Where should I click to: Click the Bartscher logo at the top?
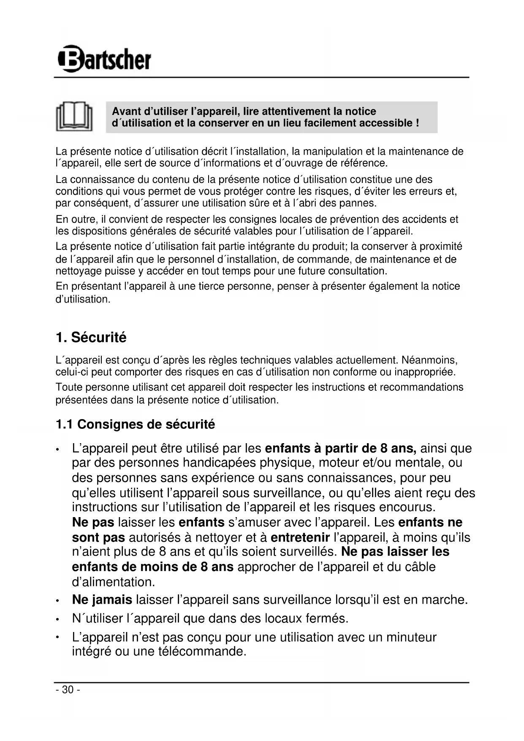[x=104, y=59]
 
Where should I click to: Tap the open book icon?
[x=74, y=116]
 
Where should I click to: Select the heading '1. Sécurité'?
[x=91, y=338]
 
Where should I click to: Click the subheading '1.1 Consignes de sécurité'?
[x=135, y=424]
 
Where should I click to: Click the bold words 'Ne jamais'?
[x=102, y=599]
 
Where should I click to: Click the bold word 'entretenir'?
[x=300, y=537]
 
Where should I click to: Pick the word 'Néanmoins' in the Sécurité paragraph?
[x=429, y=360]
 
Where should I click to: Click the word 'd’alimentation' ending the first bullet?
[x=113, y=582]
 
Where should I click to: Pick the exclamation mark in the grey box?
[x=417, y=123]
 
